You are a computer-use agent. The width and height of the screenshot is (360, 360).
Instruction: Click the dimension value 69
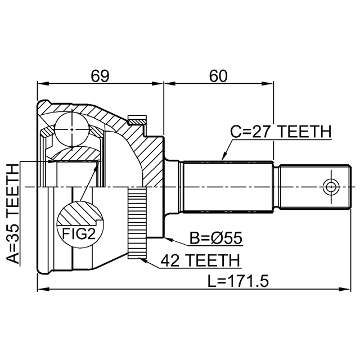coord(100,76)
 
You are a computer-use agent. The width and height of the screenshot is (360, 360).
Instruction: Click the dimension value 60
coord(218,76)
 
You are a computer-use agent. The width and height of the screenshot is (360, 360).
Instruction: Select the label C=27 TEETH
coord(281,132)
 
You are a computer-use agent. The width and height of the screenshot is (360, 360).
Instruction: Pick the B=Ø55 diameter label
coord(216,238)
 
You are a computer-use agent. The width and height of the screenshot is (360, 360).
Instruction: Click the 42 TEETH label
coord(200,260)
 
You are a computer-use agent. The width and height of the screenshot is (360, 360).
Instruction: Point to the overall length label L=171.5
coord(238,281)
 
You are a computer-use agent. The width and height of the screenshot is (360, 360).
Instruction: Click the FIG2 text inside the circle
coord(79,234)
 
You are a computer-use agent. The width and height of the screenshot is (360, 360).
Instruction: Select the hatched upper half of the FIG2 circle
coord(80,213)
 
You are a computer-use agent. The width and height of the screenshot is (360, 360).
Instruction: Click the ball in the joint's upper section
coord(72,129)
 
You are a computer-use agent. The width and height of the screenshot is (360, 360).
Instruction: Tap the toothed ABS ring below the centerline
coord(137,223)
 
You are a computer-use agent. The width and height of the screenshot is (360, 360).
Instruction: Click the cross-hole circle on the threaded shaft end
coord(331,187)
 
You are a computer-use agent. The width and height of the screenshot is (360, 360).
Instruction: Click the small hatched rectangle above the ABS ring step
coord(137,120)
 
